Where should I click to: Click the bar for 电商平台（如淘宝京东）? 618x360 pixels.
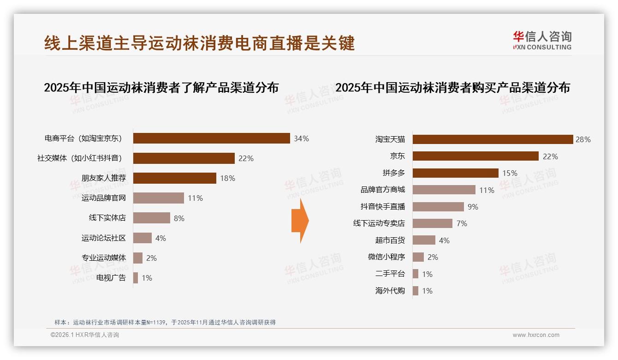211,138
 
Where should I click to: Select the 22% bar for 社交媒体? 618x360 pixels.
184,158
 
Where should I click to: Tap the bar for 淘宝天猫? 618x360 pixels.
493,139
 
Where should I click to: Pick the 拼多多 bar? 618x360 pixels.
455,173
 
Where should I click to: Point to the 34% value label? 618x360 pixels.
301,138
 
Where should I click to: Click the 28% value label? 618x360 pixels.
583,139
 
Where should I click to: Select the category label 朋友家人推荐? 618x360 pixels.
104,178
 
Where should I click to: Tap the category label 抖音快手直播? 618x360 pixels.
382,207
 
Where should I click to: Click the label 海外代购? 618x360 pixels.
390,291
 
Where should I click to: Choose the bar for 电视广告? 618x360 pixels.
136,278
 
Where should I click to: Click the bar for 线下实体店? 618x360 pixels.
152,218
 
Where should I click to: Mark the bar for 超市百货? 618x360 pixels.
424,240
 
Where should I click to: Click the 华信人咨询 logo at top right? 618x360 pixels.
542,40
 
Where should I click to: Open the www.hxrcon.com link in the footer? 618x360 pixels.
536,335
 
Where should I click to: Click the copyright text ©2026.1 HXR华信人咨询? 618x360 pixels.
85,335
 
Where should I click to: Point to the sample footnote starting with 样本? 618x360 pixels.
165,322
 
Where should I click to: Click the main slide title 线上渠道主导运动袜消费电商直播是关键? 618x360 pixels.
199,43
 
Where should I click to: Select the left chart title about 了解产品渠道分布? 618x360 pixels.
161,87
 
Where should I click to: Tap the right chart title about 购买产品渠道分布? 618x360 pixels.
452,87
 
